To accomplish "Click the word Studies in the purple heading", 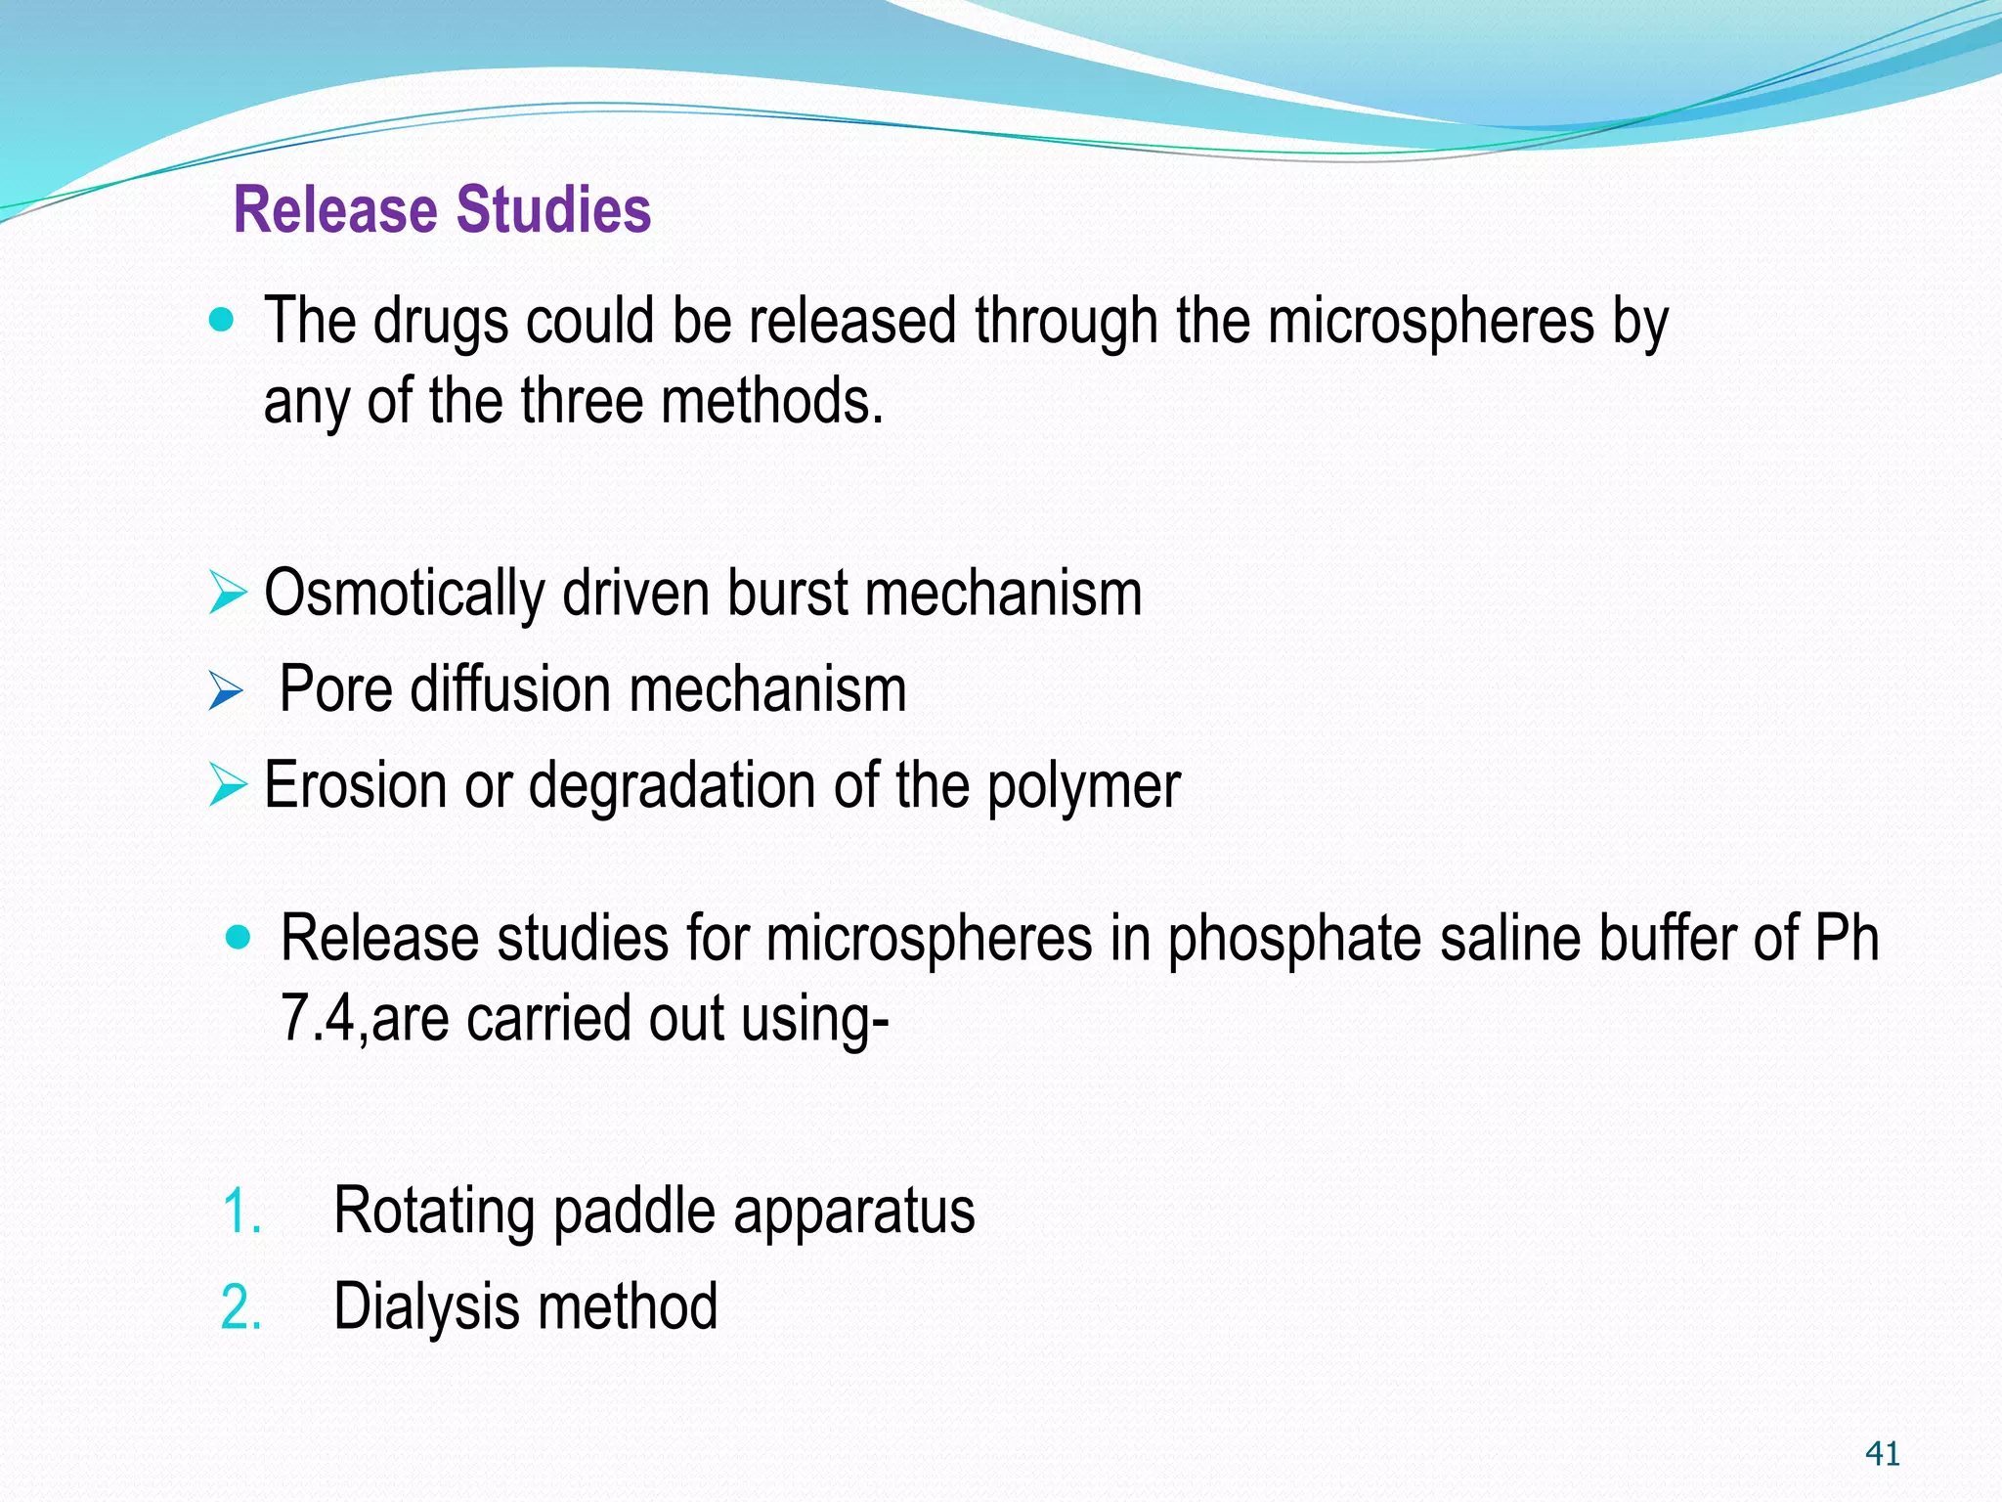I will coord(553,210).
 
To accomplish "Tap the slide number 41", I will coord(1883,1454).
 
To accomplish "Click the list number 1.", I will coord(240,1213).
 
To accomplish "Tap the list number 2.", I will coord(240,1308).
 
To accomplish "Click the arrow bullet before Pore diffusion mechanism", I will coord(226,692).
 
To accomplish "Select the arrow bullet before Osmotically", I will coord(228,595).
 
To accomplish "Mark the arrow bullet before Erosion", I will coord(228,786).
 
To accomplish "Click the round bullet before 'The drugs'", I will coord(223,320).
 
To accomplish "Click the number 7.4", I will coord(318,1018).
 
